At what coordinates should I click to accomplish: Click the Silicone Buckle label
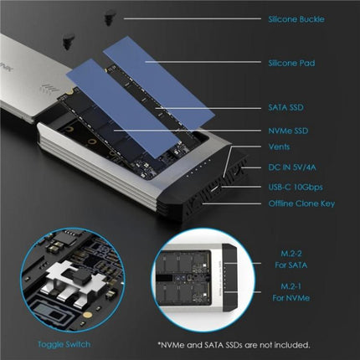click(x=297, y=18)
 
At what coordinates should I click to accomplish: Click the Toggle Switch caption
click(x=55, y=343)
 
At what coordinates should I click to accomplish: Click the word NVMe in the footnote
click(x=172, y=343)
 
